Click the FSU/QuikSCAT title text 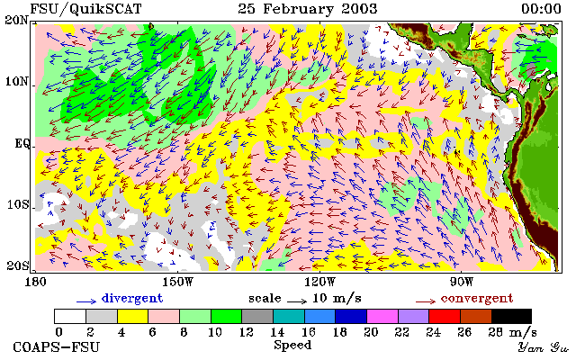tap(85, 9)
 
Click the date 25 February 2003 tap(308, 9)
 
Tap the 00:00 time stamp tap(541, 9)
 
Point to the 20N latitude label tap(17, 20)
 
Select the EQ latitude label tap(22, 144)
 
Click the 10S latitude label tap(17, 205)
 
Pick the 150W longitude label tap(178, 282)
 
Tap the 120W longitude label tap(319, 282)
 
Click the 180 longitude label tap(35, 282)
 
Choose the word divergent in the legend tap(132, 299)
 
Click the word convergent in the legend tap(477, 299)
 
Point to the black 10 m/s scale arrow tap(297, 301)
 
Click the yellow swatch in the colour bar tap(132, 316)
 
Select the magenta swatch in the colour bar tap(382, 316)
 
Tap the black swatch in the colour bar tap(511, 316)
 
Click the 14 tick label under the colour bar tap(277, 332)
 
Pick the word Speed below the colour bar tap(292, 345)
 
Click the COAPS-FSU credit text tap(57, 347)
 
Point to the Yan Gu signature tap(543, 347)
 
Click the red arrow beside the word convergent tap(426, 301)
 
